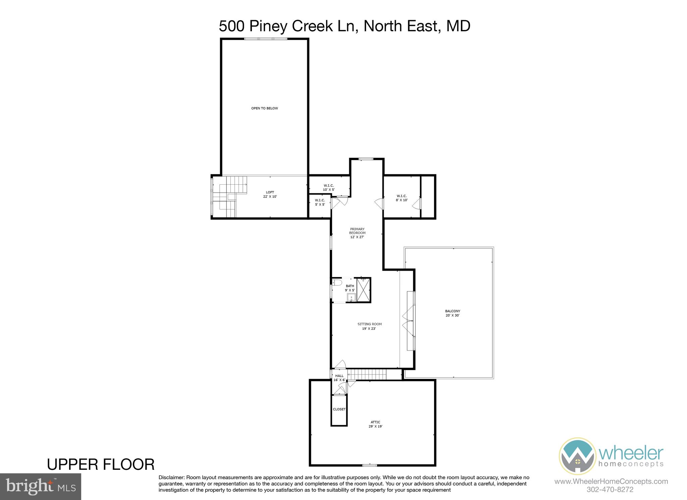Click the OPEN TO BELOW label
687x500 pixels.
point(264,108)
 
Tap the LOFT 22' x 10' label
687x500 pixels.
point(270,194)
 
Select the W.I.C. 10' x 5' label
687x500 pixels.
point(328,187)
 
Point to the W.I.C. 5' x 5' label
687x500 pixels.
point(320,202)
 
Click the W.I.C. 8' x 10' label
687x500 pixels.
point(402,198)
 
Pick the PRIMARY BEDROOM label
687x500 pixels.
point(357,233)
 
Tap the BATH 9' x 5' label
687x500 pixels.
point(350,288)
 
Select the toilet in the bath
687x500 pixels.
point(336,282)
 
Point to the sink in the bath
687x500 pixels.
point(351,297)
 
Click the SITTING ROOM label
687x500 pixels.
point(369,326)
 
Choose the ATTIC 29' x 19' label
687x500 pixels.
point(375,424)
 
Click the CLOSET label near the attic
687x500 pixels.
point(339,409)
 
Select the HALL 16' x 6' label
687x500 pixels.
point(339,378)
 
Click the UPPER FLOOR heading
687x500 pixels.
point(101,464)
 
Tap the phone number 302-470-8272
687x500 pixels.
point(610,490)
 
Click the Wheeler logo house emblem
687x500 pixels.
point(577,456)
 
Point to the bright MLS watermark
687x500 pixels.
point(41,487)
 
